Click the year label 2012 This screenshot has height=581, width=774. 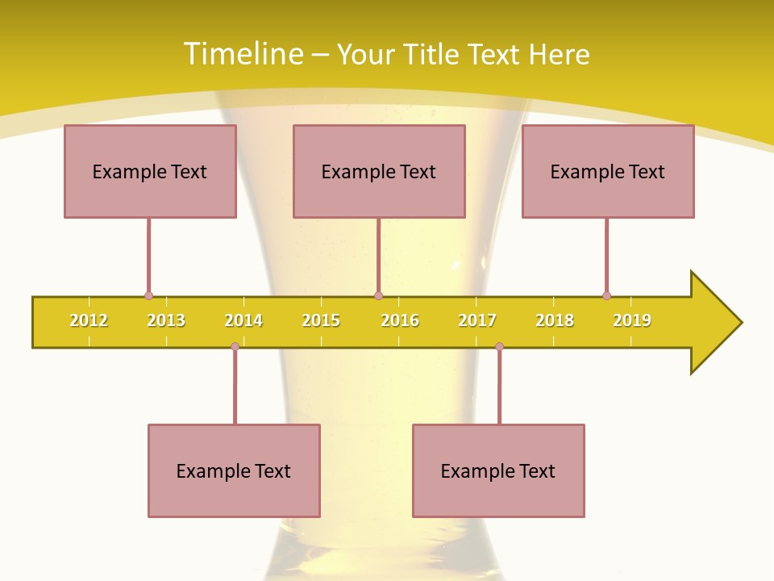89,320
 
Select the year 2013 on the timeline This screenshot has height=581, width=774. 166,320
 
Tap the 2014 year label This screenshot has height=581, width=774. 243,320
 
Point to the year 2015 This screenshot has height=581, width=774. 321,320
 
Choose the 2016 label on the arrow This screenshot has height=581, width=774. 400,320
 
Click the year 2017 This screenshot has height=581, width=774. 477,320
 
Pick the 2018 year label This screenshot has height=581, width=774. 555,320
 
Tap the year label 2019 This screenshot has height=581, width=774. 632,320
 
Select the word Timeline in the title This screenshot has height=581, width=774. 243,54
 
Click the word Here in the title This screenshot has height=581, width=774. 559,54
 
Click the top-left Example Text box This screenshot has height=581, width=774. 150,171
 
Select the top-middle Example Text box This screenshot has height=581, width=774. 379,171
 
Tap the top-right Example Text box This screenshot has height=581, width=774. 608,171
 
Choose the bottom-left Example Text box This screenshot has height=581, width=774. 234,470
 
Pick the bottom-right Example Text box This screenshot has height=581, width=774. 498,470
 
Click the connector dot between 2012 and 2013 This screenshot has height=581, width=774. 148,296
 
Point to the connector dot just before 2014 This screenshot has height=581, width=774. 235,346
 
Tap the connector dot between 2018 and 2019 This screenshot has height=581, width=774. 606,296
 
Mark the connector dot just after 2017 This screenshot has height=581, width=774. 499,346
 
